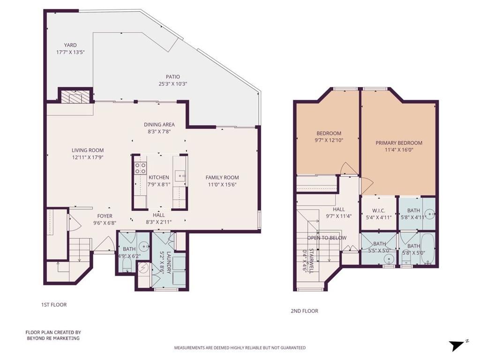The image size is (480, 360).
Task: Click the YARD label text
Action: (70, 45)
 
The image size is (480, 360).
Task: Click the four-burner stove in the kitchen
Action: (140, 168)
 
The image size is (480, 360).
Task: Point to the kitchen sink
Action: (180, 176)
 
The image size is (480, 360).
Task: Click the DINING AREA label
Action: (159, 125)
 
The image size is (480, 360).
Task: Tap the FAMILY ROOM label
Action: (222, 178)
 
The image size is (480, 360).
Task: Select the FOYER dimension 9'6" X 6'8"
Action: (105, 223)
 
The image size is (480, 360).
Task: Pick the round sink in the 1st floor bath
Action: (144, 245)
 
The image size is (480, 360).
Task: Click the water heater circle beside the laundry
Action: (144, 268)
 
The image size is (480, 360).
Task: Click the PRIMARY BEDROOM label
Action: (399, 143)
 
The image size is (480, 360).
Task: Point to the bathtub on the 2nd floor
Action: (427, 249)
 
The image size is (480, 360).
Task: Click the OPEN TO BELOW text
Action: (327, 238)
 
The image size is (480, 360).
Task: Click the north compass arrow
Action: (456, 346)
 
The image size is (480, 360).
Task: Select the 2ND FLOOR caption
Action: (305, 311)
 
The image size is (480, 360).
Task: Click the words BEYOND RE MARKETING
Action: (52, 338)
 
